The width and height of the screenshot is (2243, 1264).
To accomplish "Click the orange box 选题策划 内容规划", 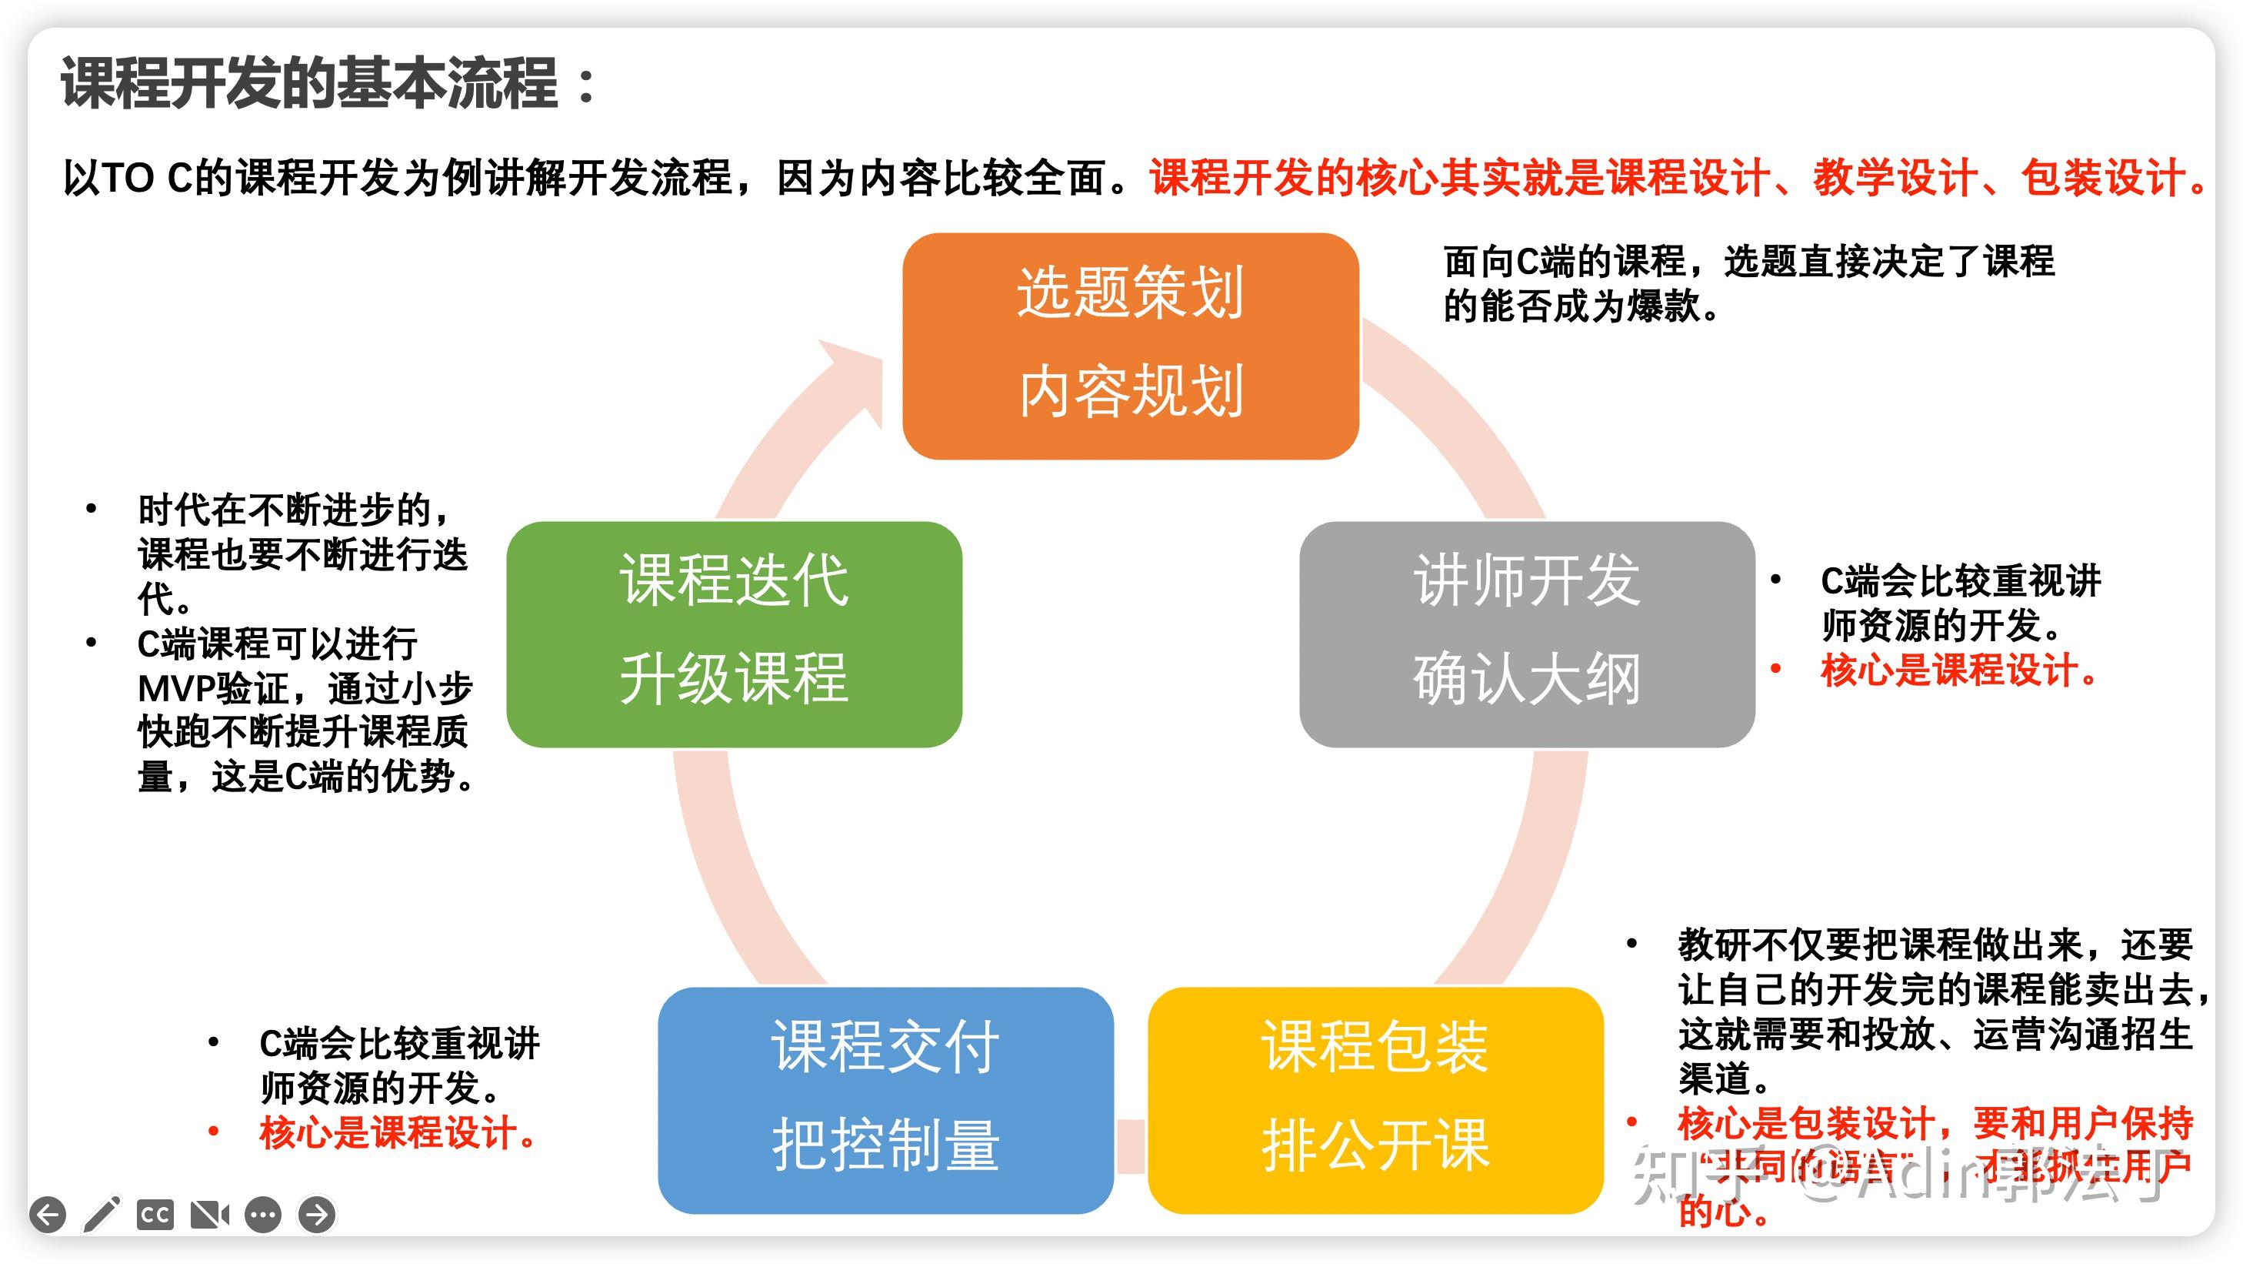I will click(x=1130, y=346).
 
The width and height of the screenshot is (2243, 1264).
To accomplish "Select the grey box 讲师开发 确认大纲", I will click(x=1526, y=634).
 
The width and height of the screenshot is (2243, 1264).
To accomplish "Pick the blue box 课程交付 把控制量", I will click(x=885, y=1099).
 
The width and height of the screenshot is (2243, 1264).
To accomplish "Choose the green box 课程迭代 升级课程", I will click(x=734, y=634).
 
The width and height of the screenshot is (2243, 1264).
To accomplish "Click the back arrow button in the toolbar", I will click(x=48, y=1214).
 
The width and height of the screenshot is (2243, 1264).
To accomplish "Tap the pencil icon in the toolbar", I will click(x=102, y=1214).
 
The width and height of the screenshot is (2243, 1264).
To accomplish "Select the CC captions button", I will click(x=155, y=1214).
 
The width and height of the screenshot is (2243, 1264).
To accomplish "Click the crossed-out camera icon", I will click(x=210, y=1214).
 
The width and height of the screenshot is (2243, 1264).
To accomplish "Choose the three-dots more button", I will click(x=263, y=1214).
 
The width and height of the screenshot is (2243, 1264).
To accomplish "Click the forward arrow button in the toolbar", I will click(x=317, y=1214).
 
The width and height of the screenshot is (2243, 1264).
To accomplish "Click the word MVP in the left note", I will click(x=177, y=689).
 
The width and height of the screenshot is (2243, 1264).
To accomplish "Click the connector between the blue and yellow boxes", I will click(x=1130, y=1145).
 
